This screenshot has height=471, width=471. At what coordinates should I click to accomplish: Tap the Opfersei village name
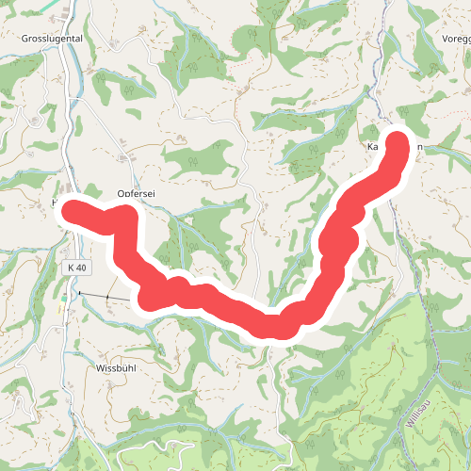point(136,193)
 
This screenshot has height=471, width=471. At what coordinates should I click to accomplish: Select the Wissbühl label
point(119,368)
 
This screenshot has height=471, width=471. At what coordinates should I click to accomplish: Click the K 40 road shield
point(76,268)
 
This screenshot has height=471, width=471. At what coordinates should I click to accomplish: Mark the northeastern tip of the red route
point(398,143)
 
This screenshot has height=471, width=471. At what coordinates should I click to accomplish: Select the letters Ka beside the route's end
point(373,148)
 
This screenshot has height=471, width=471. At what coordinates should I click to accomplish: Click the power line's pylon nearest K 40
point(80,294)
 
